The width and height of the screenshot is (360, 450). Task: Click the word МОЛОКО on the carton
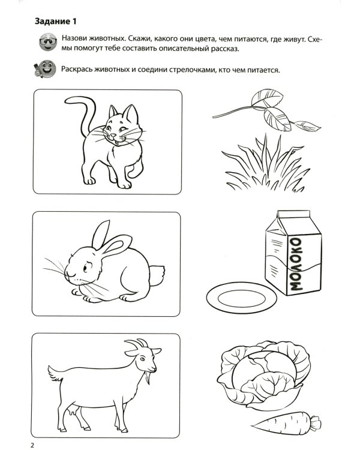[x=296, y=265]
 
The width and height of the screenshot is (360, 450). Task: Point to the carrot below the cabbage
[x=286, y=422]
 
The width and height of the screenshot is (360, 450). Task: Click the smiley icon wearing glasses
[x=44, y=43]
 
